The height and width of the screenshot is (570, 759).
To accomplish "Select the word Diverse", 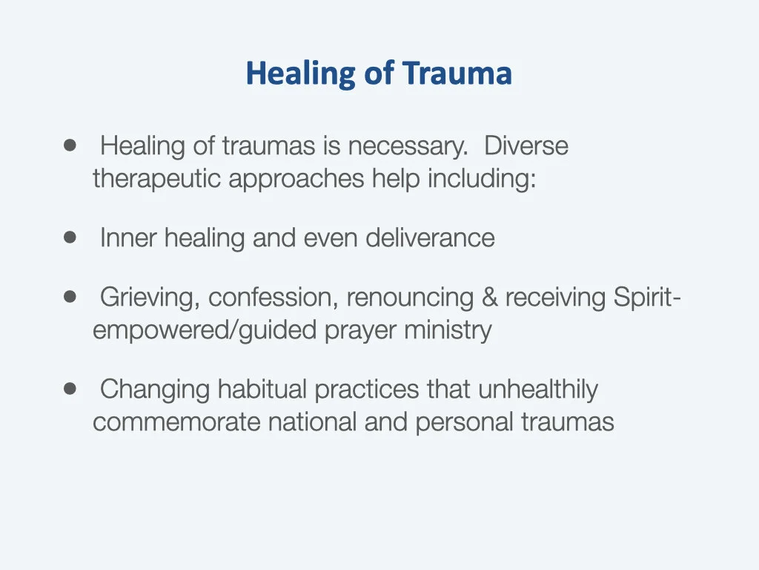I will [x=526, y=145].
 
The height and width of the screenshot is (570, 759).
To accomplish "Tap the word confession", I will [x=274, y=297].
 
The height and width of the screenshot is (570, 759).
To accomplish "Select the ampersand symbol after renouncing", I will [x=489, y=297].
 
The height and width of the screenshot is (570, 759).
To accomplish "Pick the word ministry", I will [x=448, y=330].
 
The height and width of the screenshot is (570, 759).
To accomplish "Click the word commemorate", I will [x=177, y=422].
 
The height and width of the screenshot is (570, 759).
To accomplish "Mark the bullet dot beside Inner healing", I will [x=70, y=237].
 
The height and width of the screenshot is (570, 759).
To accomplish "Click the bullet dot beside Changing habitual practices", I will [x=70, y=388].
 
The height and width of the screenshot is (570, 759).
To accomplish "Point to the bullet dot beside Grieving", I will [x=70, y=296].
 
